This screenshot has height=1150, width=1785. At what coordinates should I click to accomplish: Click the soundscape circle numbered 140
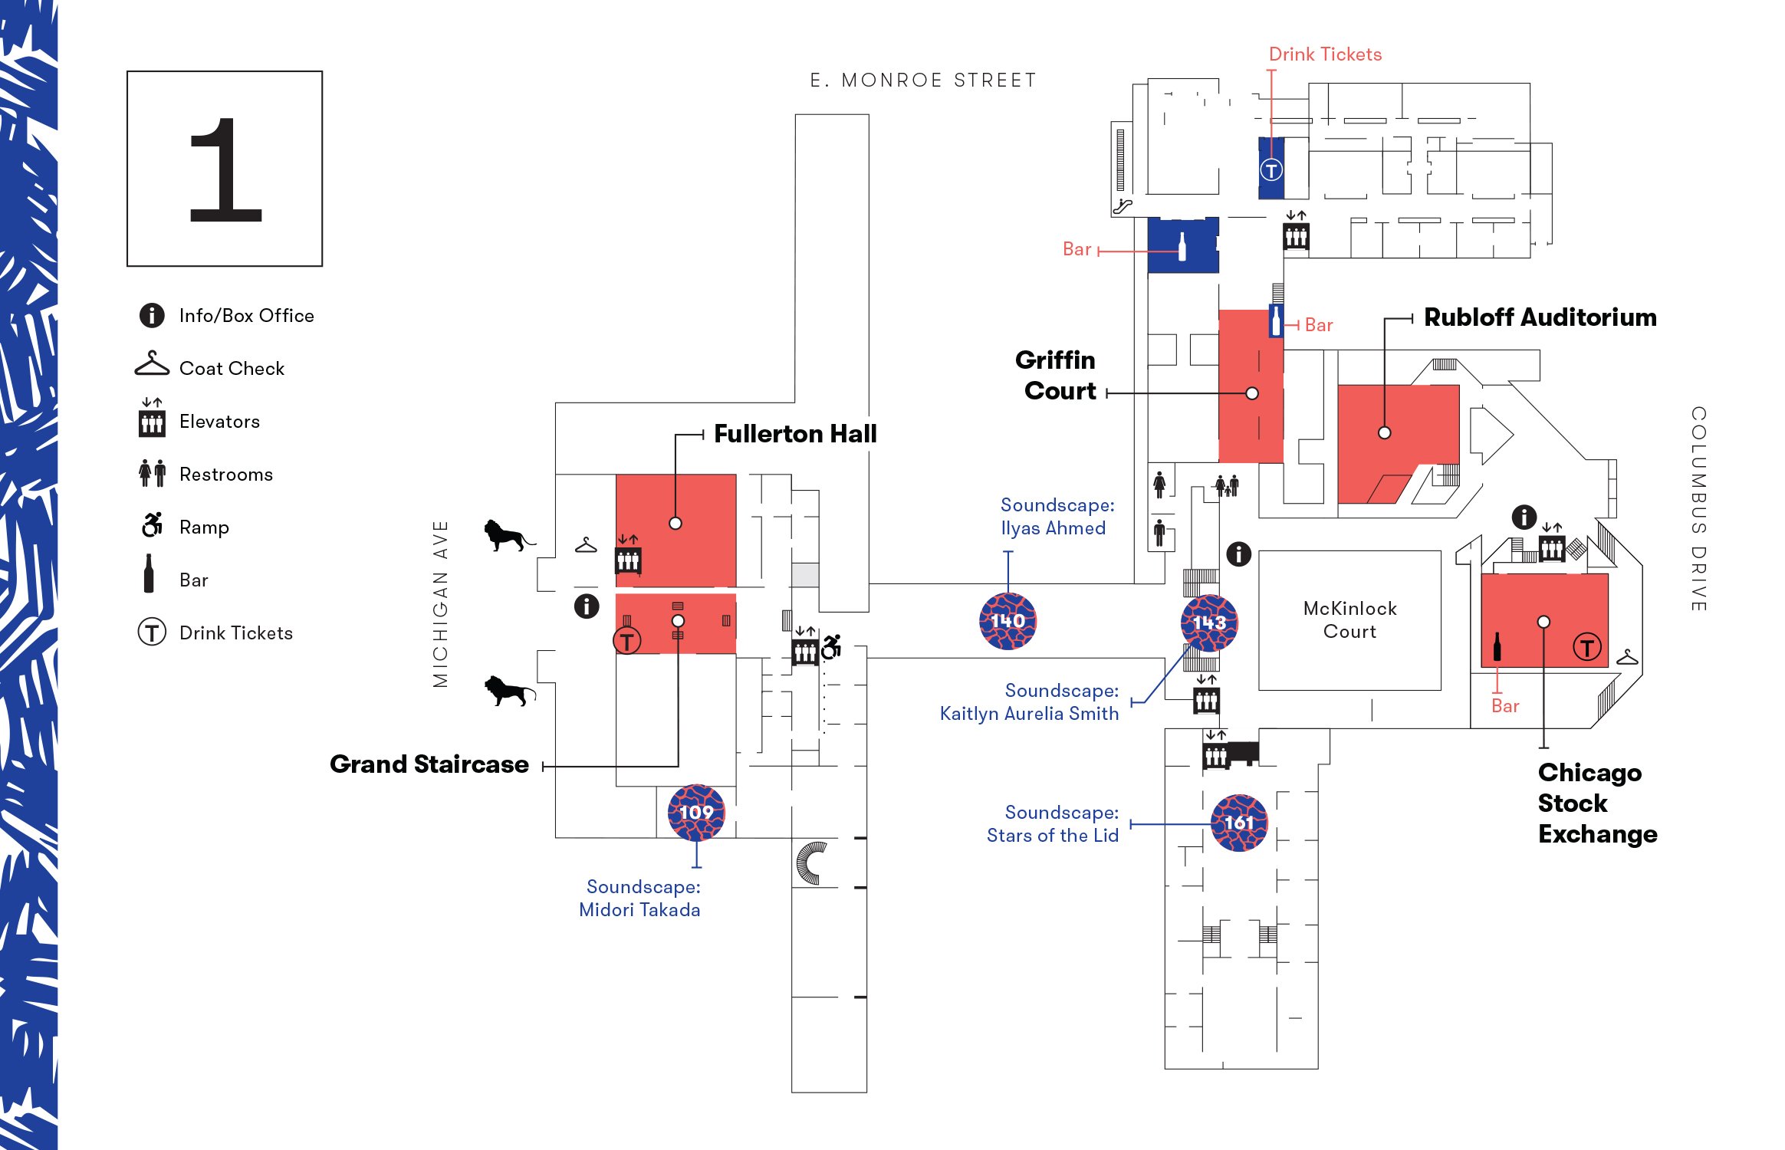(1008, 621)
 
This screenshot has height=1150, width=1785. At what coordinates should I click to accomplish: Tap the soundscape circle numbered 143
(1209, 623)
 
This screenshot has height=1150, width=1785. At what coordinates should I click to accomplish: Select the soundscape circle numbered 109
(695, 812)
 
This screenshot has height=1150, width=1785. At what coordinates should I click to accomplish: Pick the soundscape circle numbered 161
(1239, 823)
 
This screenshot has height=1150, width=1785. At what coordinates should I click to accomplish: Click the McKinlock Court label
(1349, 619)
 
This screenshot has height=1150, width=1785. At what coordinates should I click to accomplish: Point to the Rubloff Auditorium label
(1540, 317)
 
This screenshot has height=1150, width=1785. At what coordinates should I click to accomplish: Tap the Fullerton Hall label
(795, 434)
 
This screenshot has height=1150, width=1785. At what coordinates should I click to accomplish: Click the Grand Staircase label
(429, 764)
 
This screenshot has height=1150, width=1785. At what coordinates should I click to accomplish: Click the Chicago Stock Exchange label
(1597, 803)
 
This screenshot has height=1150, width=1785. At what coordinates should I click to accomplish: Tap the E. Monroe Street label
(923, 80)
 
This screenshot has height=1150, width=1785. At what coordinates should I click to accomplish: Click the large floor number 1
(225, 169)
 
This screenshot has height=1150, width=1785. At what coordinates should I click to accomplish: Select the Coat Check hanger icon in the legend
(152, 364)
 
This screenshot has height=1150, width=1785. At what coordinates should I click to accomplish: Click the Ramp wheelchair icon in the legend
(152, 525)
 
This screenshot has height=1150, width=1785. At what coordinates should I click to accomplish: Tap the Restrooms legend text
(225, 475)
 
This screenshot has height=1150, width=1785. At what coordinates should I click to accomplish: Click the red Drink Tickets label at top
(1325, 54)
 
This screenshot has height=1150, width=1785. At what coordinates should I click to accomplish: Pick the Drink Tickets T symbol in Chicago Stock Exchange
(1586, 647)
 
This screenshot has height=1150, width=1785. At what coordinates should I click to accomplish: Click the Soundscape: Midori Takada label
(639, 898)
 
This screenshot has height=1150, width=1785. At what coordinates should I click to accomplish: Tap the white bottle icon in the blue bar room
(1182, 247)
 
